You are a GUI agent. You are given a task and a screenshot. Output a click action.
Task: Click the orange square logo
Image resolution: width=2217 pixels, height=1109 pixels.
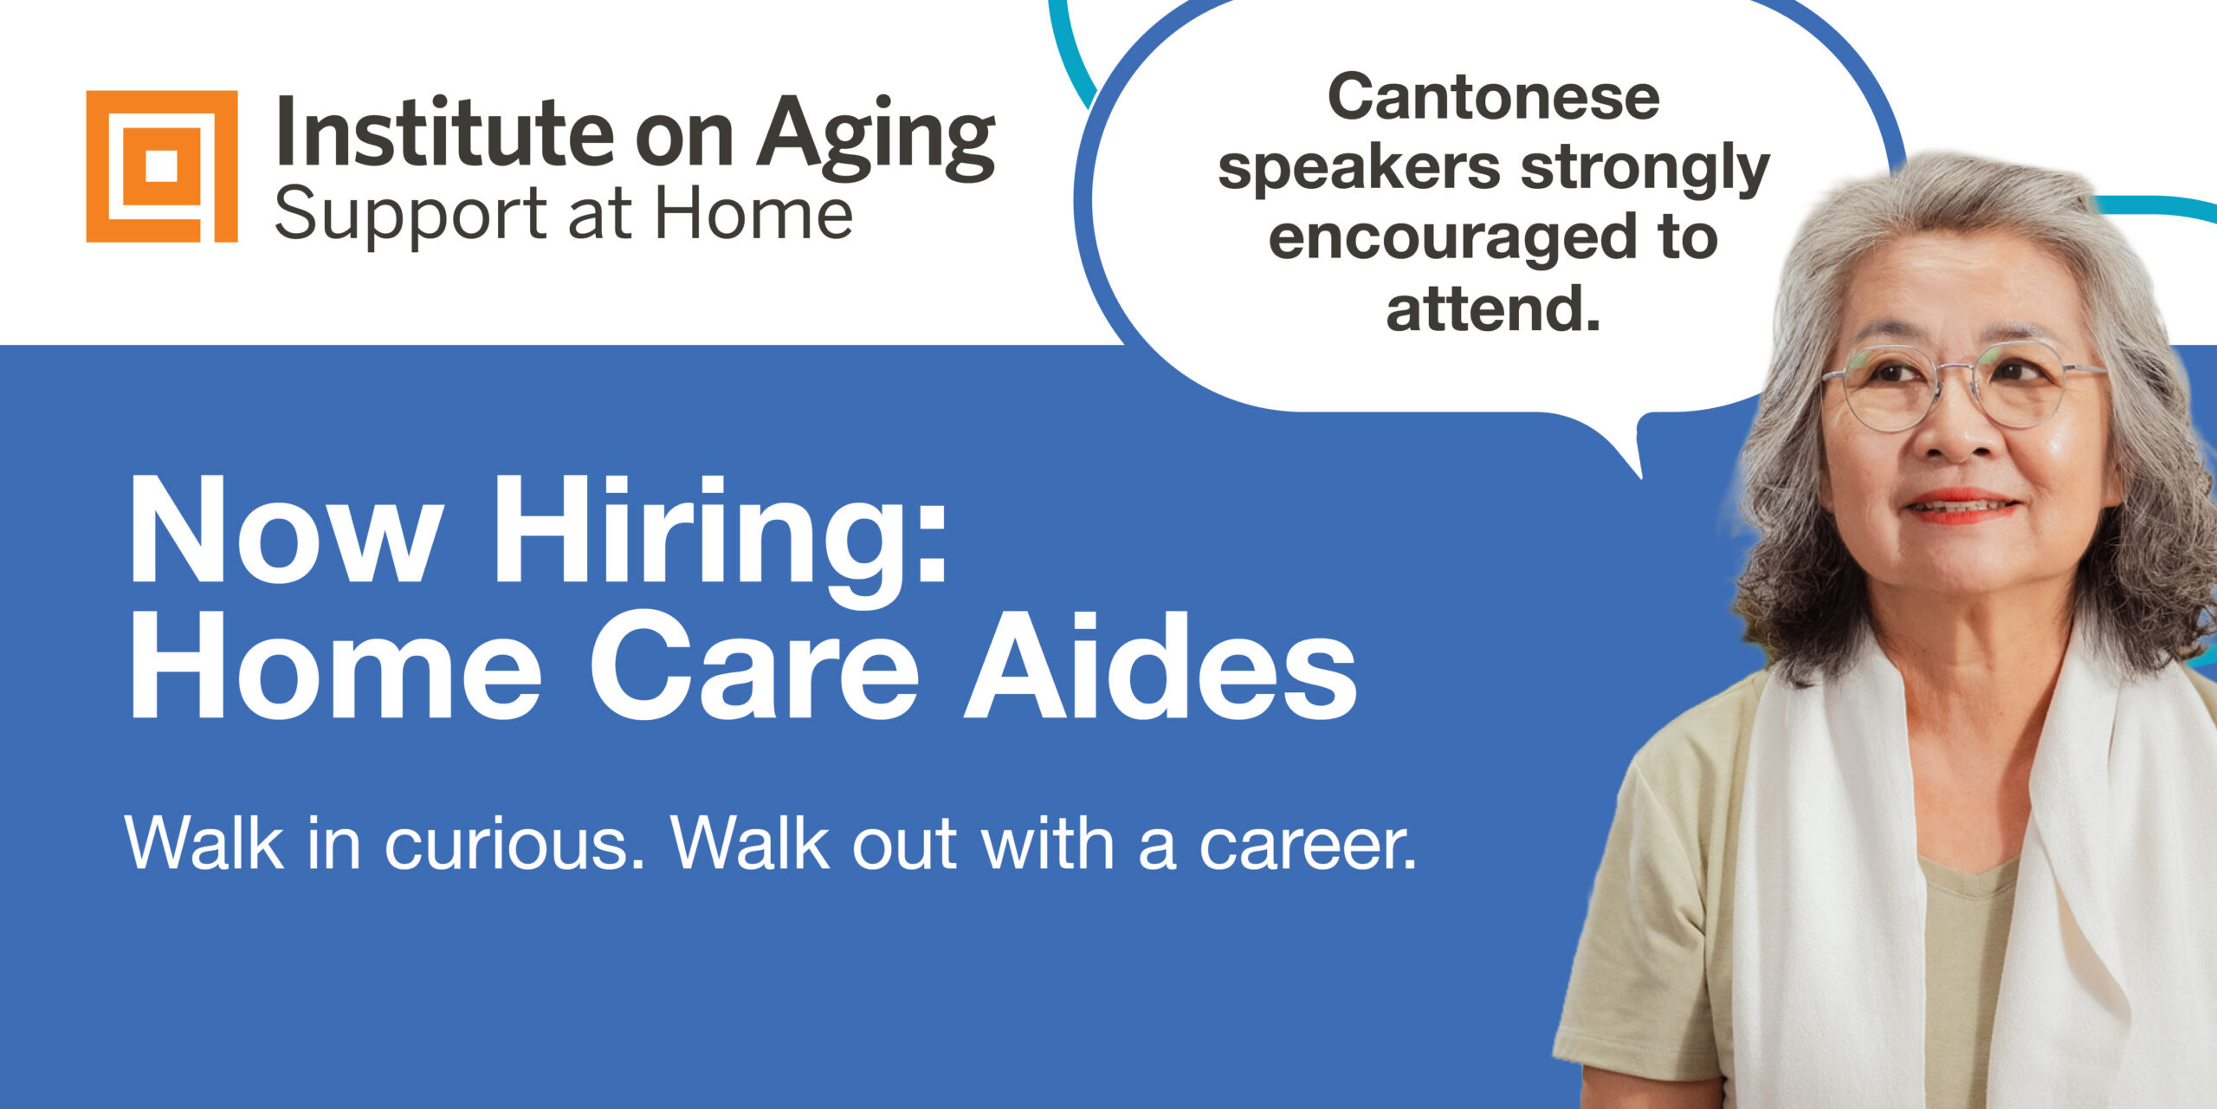[162, 166]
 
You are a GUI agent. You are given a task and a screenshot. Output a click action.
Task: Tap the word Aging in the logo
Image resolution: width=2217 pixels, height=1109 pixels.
[876, 139]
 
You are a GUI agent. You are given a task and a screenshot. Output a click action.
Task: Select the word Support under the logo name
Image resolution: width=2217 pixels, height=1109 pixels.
[412, 214]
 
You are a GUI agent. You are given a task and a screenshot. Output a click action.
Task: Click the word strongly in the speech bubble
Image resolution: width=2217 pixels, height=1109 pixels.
[1645, 170]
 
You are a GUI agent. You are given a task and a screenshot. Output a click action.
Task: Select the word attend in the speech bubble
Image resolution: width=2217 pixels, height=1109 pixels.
[1482, 308]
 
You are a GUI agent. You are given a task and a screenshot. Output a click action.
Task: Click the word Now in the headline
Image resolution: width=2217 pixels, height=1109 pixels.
[281, 529]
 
